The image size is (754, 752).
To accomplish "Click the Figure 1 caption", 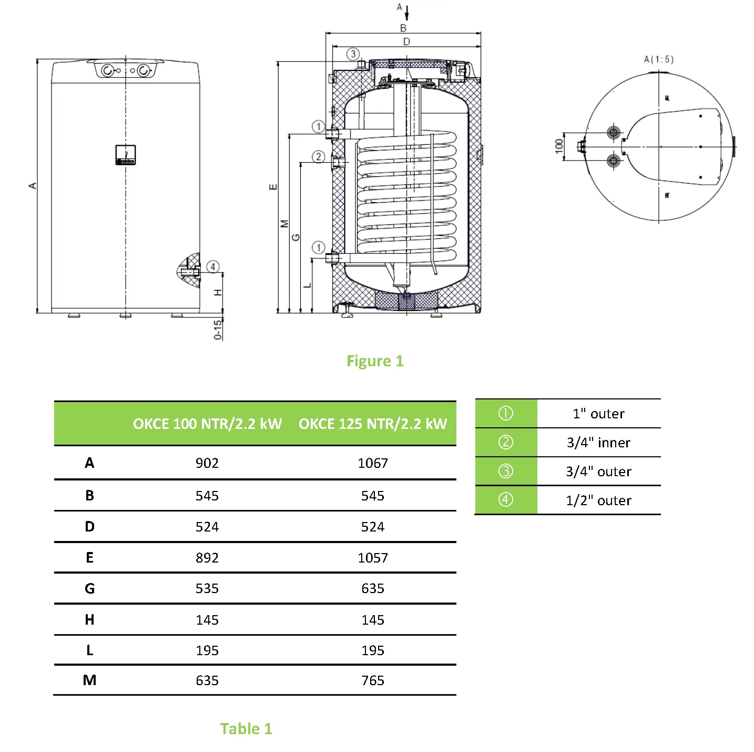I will [x=374, y=361].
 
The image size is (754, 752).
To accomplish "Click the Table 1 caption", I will [x=246, y=728].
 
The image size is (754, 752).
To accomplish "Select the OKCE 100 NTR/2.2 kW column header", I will [x=207, y=424].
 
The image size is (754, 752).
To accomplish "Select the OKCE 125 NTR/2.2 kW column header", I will [x=372, y=424].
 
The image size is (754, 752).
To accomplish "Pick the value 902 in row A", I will [x=207, y=463].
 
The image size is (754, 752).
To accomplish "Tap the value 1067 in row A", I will [x=372, y=463].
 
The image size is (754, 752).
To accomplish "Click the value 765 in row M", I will [x=372, y=680].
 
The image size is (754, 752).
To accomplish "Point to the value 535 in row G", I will [x=207, y=588].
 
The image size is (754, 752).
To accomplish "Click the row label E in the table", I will [x=89, y=558].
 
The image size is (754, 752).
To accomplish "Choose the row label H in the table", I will [x=89, y=620].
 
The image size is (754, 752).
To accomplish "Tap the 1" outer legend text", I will [x=598, y=414].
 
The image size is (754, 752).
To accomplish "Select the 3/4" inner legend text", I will [x=598, y=443].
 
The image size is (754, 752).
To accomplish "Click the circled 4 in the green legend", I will [x=505, y=499].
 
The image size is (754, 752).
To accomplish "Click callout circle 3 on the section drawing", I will [x=353, y=54].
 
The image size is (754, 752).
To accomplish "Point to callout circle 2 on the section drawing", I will [x=318, y=157].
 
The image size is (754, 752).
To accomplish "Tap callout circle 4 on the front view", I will [x=213, y=267].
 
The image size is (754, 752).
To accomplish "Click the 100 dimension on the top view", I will [x=559, y=146].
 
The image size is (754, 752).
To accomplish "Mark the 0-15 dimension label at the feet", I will [x=218, y=330].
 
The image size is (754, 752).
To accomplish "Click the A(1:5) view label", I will [x=658, y=59].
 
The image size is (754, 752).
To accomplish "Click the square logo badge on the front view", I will [x=126, y=155].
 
